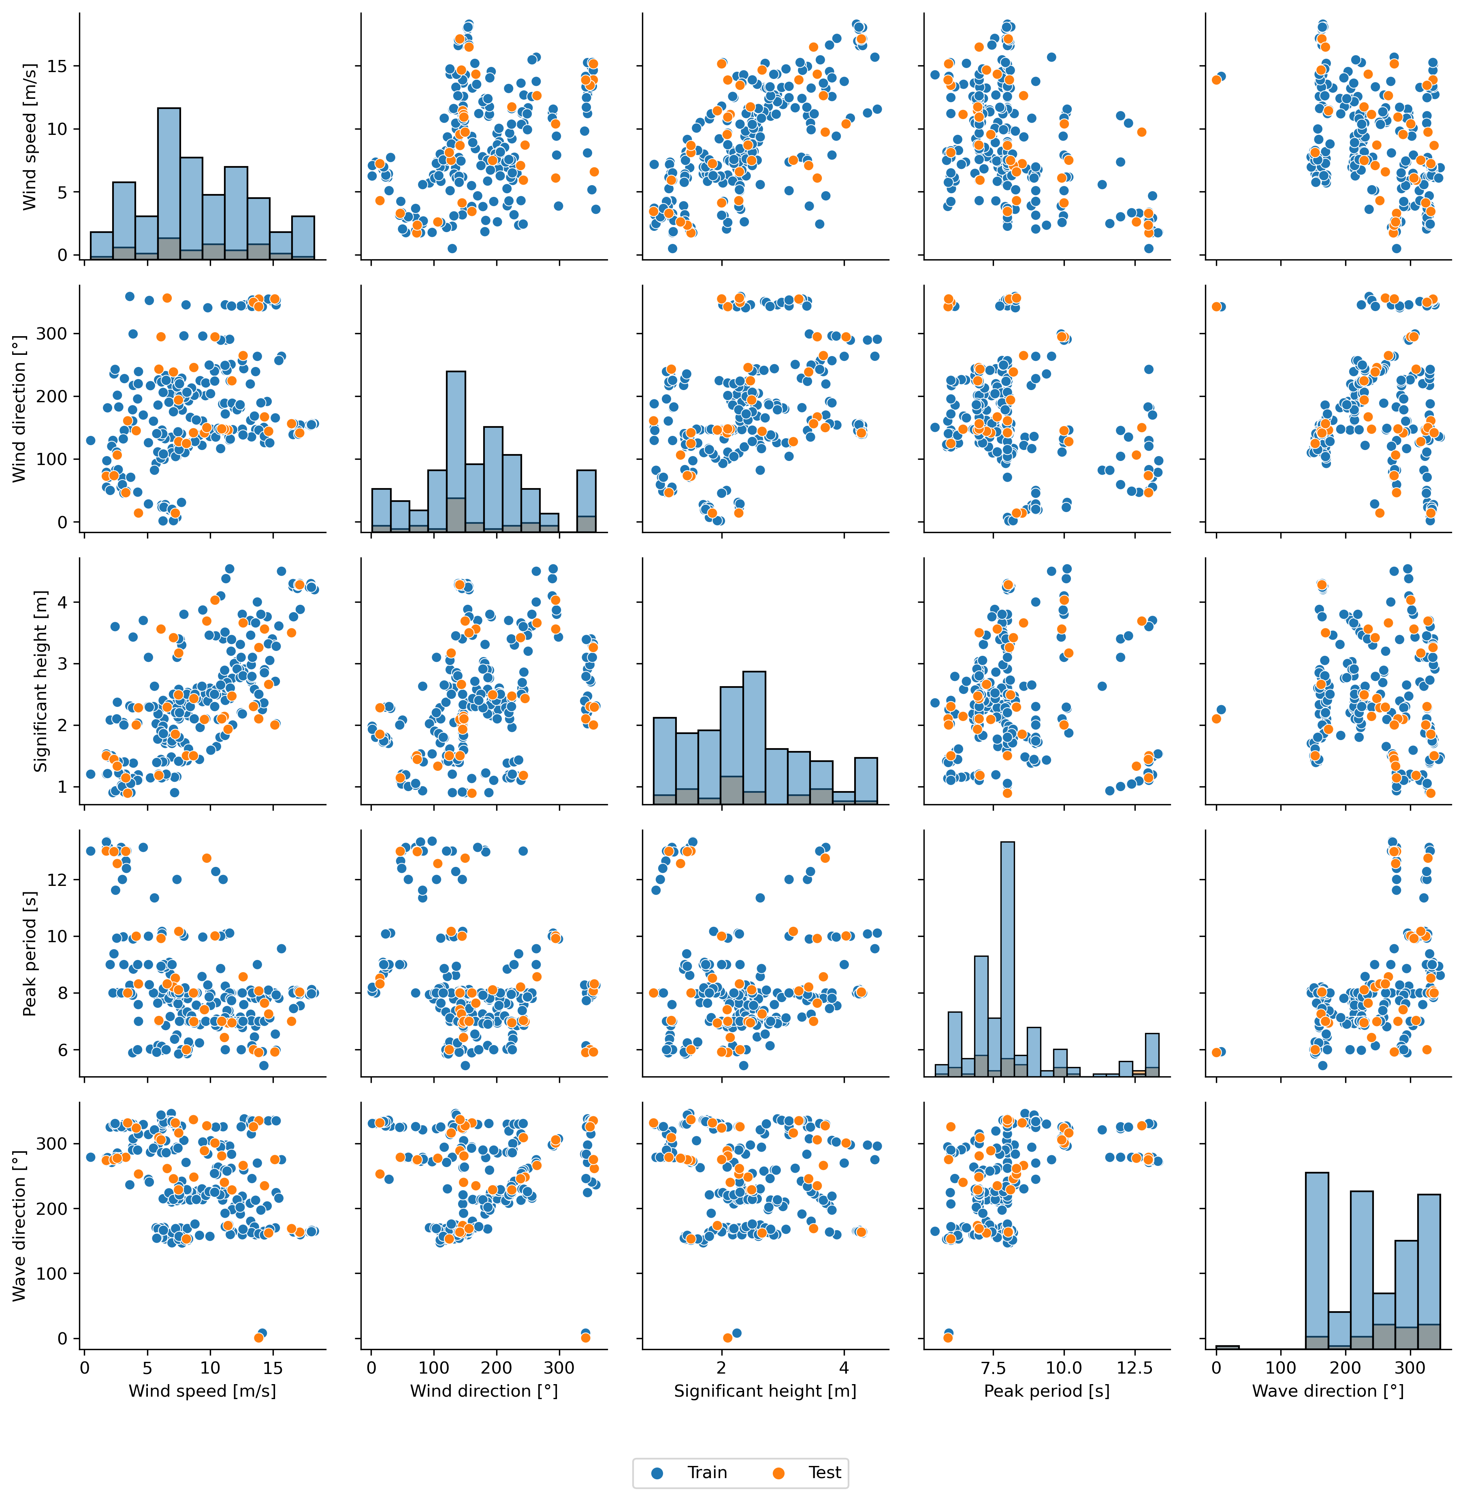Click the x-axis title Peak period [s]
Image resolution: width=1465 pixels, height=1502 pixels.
[1047, 1391]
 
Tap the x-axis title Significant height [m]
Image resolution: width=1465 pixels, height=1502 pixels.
[765, 1391]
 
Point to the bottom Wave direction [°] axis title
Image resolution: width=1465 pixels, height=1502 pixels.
[1328, 1391]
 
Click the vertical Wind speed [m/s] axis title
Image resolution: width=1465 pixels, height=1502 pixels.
[29, 137]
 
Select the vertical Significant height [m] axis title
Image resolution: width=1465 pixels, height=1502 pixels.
[40, 681]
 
